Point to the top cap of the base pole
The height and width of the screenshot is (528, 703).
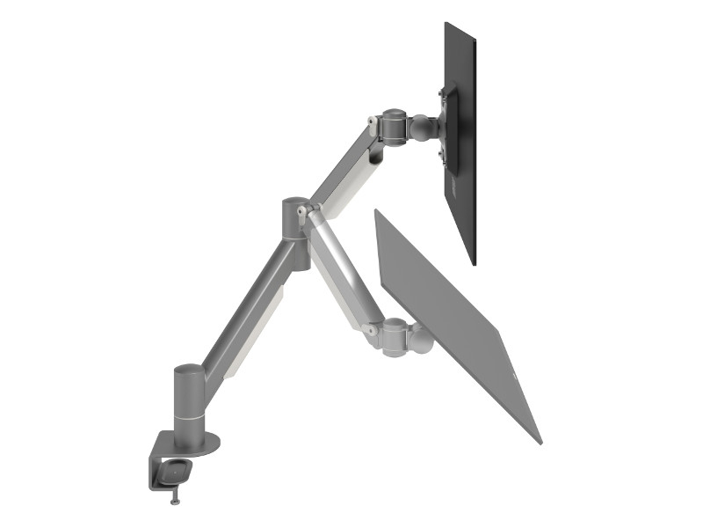[186, 370]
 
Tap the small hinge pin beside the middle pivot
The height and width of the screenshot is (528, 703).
[305, 211]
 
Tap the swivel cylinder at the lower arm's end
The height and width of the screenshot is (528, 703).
[394, 337]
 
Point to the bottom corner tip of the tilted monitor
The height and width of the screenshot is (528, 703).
[540, 442]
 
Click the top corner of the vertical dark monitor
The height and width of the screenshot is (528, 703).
[446, 24]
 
